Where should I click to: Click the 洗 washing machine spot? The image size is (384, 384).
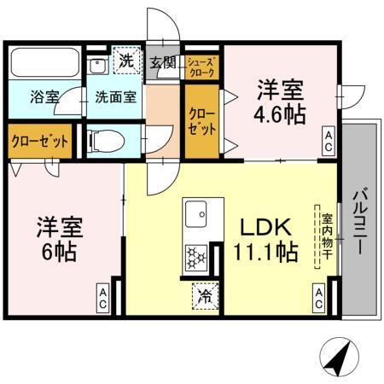coord(125,61)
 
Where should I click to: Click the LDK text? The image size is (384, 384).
coord(265,227)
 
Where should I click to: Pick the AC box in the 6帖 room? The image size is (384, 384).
coord(101,297)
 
